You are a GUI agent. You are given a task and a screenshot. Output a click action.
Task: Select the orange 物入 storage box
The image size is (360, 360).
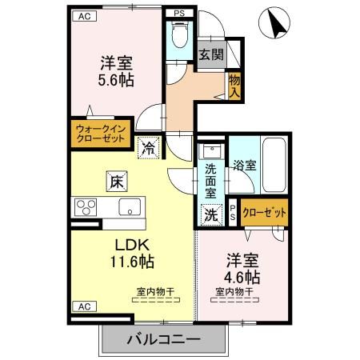234,83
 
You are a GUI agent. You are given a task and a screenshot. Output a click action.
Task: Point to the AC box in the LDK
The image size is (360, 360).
83,306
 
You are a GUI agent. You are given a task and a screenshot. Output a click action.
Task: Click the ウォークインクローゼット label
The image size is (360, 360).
100,132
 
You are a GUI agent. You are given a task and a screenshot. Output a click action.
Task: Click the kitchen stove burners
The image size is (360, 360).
84,207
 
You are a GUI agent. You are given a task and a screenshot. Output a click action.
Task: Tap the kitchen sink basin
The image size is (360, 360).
129,207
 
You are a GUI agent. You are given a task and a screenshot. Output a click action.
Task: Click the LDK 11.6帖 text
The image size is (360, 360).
128,252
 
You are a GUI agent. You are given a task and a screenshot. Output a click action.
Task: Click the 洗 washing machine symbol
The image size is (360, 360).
210,214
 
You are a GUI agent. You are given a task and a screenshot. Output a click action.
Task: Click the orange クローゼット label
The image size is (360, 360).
262,213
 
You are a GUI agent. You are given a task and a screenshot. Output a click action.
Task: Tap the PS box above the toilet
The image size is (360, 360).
178,13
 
